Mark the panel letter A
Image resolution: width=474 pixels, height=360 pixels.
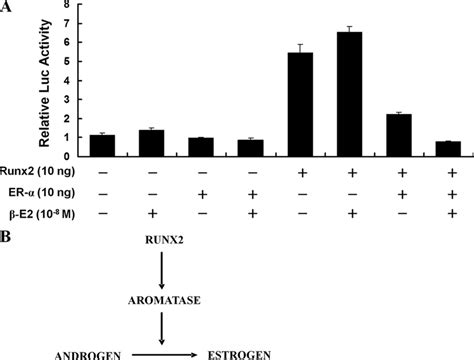click(x=6, y=7)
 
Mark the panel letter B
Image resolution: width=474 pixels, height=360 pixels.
click(x=6, y=234)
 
